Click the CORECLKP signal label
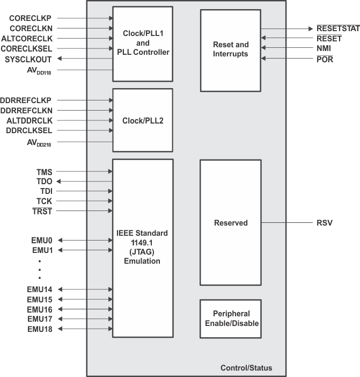point(31,18)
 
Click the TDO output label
point(44,182)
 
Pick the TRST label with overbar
point(42,212)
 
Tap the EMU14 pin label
point(40,289)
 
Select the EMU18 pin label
point(40,329)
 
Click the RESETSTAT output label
point(337,28)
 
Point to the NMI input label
point(324,48)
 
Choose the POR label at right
point(324,59)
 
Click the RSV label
point(324,222)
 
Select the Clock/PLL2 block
point(143,120)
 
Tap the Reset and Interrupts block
point(230,49)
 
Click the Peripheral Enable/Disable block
point(230,318)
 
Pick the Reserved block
point(230,222)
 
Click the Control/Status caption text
point(246,368)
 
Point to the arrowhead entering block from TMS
point(110,171)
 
